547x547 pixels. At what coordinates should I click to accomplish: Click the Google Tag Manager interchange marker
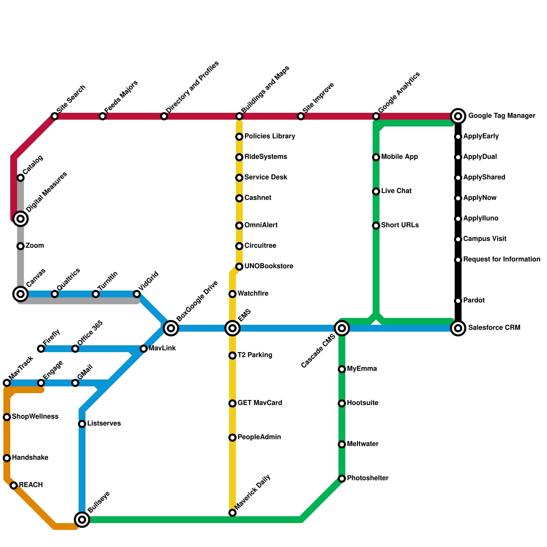coord(458,116)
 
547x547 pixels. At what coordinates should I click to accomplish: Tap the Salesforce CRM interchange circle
coord(458,328)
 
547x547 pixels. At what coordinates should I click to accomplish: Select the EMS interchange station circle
coord(232,328)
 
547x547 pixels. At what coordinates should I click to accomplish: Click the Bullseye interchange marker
coord(82,520)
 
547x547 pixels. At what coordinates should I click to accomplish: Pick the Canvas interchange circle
coord(21,294)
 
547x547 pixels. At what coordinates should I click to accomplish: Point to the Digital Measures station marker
coord(21,218)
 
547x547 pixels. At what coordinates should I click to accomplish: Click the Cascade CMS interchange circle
coord(342,328)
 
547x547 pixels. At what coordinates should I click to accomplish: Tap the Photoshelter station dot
coord(342,479)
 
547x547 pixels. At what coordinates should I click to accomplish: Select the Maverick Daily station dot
coord(232,513)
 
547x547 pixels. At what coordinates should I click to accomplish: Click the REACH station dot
coord(14,485)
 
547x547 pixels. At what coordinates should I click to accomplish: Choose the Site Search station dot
coord(55,116)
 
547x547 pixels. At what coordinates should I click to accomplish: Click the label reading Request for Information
coord(502,259)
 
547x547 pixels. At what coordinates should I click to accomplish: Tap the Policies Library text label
coord(270,136)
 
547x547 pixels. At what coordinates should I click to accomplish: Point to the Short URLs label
coord(400,225)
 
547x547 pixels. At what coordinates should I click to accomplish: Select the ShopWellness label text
coord(35,417)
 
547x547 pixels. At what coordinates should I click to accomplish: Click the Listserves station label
coord(104,424)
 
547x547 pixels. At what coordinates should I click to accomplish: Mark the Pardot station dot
coord(458,301)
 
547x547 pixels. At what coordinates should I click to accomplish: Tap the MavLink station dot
coord(144,349)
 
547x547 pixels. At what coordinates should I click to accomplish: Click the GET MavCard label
coord(260,403)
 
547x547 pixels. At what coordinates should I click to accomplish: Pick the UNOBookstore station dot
coord(239,267)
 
